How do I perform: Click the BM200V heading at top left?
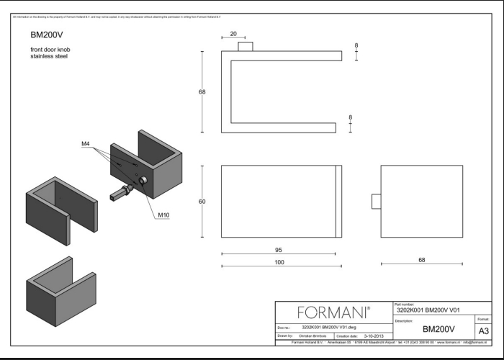pos(44,34)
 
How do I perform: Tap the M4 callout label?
pos(85,144)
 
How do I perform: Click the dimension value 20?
pos(233,33)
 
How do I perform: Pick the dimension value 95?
pos(279,248)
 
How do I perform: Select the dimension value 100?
pos(279,261)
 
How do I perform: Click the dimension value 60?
pos(202,202)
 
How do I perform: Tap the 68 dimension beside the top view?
pos(202,91)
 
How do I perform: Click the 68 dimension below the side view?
pos(421,260)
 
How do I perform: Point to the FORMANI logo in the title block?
pos(333,313)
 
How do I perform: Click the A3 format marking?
pos(484,330)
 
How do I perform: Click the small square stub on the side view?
pos(376,202)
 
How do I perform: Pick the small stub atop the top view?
pos(246,47)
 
